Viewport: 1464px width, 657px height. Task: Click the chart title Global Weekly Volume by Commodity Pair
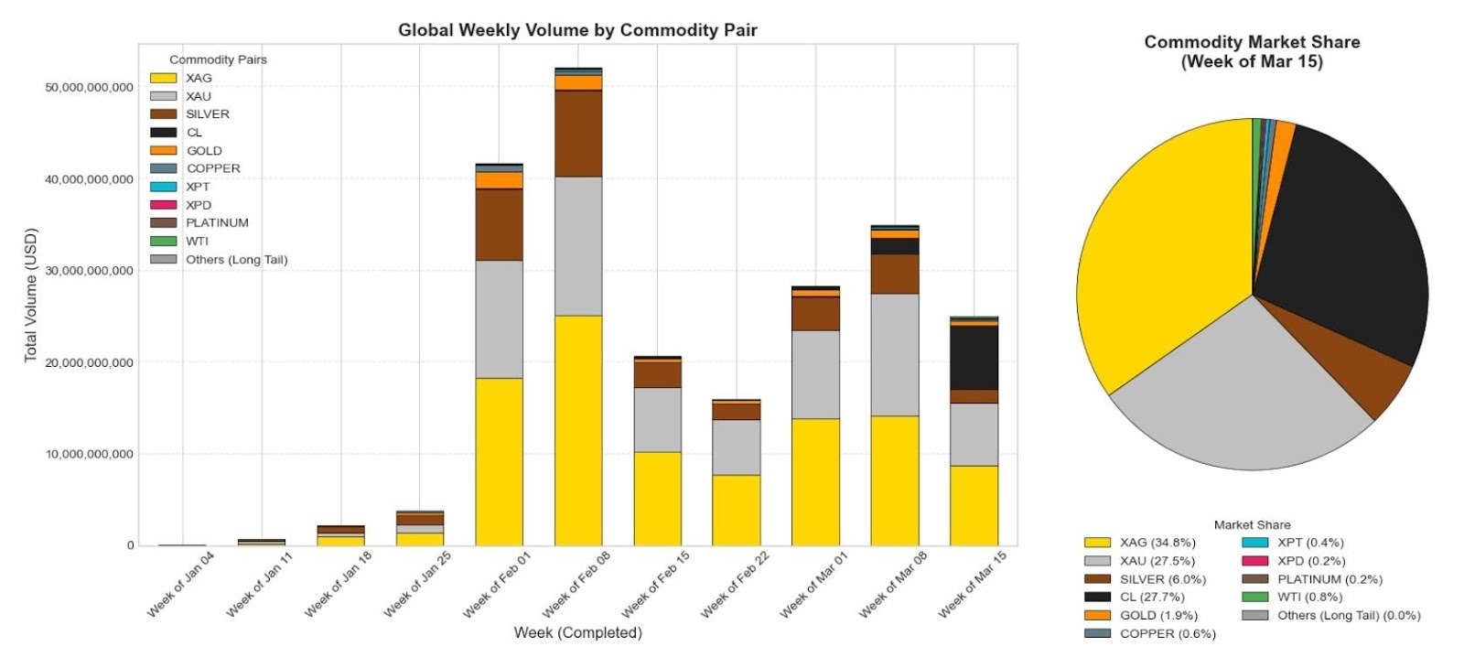pos(577,30)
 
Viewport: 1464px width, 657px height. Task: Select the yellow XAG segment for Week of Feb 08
pos(578,430)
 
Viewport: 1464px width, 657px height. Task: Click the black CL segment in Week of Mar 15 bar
pos(974,358)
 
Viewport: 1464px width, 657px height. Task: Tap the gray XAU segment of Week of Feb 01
pos(499,318)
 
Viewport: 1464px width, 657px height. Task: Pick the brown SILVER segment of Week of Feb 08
pos(578,134)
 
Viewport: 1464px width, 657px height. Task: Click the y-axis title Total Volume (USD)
pos(31,295)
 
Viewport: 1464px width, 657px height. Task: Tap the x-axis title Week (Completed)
pos(577,632)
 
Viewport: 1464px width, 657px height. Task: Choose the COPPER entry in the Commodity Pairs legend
pos(213,168)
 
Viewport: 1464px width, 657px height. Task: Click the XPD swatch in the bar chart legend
pos(163,205)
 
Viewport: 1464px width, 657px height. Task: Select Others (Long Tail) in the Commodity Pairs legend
pos(236,260)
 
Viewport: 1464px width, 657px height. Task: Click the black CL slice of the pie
pos(1344,238)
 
